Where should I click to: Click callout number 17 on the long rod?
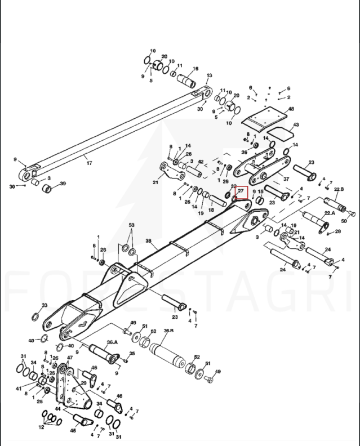[88, 163]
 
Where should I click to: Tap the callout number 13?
[209, 75]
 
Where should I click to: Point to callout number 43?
[296, 125]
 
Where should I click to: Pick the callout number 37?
[286, 179]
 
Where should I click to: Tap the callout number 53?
[131, 225]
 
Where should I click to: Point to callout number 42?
[201, 162]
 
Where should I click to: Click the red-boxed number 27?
[241, 192]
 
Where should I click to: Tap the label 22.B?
[339, 189]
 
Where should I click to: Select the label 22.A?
[330, 212]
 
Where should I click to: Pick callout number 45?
[73, 431]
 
